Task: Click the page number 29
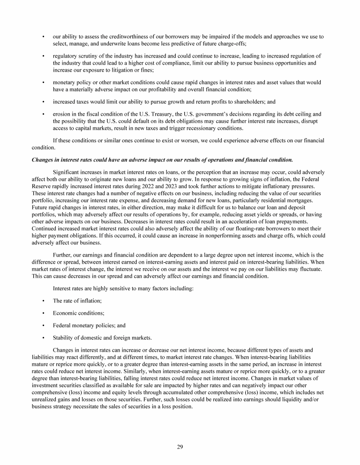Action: click(180, 447)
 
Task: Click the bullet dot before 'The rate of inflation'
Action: click(43, 301)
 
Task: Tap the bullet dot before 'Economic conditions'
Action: click(43, 313)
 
